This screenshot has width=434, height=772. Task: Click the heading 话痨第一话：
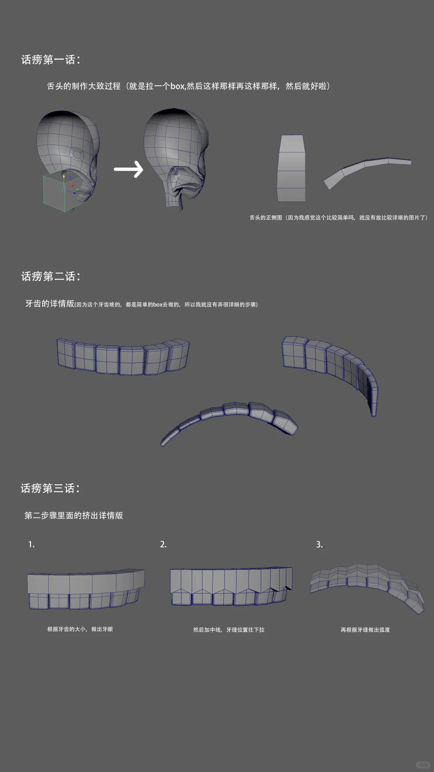tap(51, 60)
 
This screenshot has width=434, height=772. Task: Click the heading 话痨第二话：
tap(51, 276)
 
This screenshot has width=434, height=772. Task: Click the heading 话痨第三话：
tap(50, 488)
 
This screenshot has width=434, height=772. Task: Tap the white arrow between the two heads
tap(129, 169)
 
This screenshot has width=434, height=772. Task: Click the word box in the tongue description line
tap(177, 86)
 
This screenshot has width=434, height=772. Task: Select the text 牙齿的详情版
tap(50, 304)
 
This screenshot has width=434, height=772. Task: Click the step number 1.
tap(31, 545)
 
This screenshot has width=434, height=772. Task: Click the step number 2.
tap(163, 545)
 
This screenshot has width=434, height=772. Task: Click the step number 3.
tap(319, 545)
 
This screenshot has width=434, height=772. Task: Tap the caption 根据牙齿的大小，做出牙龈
tap(80, 629)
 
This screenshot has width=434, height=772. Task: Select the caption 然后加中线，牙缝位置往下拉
tap(229, 630)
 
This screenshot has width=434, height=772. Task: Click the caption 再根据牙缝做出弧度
tap(365, 630)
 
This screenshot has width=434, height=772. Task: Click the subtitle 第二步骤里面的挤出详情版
tap(74, 516)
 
